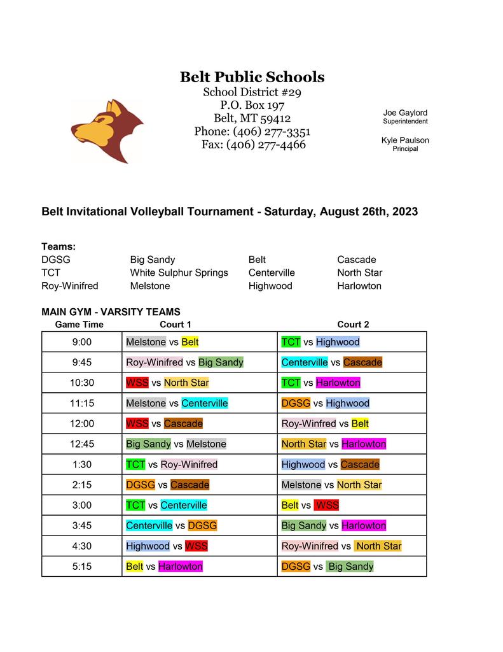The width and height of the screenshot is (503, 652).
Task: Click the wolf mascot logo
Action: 107,131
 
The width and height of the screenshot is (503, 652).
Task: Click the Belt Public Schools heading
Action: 252,78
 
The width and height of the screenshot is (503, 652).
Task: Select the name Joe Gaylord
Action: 405,113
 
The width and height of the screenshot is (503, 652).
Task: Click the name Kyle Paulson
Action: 405,140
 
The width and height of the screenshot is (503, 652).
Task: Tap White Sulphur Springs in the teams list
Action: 179,273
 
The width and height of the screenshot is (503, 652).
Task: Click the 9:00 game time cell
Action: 81,342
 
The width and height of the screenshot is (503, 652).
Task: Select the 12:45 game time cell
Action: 81,444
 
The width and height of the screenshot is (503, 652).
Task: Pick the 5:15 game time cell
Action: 81,566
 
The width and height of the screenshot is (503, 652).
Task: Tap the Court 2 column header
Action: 353,324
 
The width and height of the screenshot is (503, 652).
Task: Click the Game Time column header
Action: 79,324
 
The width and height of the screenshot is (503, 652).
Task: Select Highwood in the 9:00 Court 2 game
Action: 338,342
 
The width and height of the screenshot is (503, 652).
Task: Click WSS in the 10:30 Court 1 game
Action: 137,383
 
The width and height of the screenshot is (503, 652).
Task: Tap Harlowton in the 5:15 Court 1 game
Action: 181,566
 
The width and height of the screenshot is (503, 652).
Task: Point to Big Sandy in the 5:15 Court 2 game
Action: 350,566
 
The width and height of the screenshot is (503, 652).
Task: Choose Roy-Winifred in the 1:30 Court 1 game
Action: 189,464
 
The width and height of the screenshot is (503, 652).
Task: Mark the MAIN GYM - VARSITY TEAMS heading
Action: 111,312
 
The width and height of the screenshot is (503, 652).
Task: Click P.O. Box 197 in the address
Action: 252,105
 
